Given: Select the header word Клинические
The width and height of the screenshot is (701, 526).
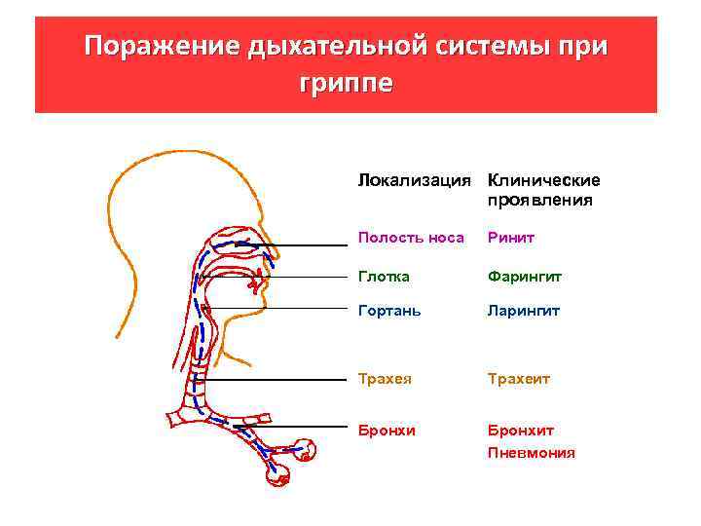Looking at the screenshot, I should click(x=543, y=181).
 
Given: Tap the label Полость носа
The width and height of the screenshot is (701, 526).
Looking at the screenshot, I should click(x=411, y=237).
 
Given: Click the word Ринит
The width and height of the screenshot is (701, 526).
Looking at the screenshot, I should click(x=511, y=237).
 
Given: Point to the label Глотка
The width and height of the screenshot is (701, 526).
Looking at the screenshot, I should click(x=384, y=277).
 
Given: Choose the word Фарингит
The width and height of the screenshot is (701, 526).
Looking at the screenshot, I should click(x=525, y=277).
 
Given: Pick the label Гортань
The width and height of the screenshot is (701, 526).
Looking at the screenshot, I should click(x=389, y=312).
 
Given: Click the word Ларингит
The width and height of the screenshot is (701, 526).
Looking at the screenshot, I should click(x=524, y=312).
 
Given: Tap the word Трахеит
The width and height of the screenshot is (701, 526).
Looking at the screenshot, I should click(x=519, y=378).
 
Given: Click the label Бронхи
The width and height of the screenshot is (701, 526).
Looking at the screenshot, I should click(x=386, y=430).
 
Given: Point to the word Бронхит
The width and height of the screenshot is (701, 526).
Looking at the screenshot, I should click(x=521, y=430).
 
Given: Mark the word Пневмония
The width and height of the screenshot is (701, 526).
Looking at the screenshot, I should click(x=531, y=453).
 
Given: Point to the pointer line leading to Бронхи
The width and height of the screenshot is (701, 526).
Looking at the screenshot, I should click(x=292, y=426).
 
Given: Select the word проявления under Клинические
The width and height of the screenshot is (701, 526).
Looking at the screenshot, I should click(x=539, y=201).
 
